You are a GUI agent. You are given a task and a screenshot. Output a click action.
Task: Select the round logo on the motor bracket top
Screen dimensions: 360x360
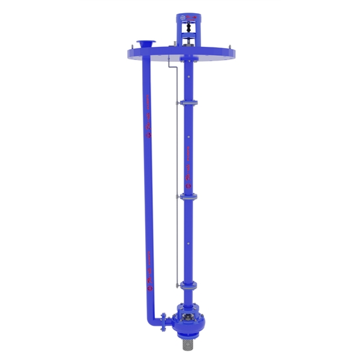(181, 19)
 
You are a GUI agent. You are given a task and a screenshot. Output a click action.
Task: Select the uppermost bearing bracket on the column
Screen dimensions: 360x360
(188, 104)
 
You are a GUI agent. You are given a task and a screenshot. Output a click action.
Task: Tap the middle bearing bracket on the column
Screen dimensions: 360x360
(188, 195)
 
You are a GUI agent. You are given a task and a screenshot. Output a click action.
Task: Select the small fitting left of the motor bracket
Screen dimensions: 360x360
(173, 43)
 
